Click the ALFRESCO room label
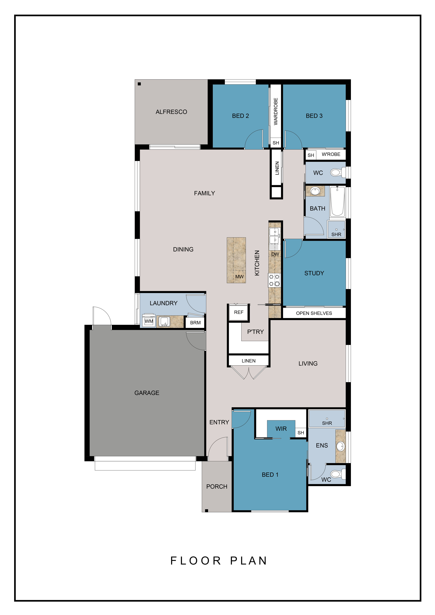pyautogui.click(x=171, y=112)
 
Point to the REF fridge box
pyautogui.click(x=239, y=312)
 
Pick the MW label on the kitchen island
pyautogui.click(x=239, y=277)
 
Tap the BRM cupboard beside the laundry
pyautogui.click(x=195, y=323)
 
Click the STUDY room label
pyautogui.click(x=314, y=273)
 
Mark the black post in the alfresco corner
pyautogui.click(x=139, y=84)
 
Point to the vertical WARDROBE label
pyautogui.click(x=276, y=111)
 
